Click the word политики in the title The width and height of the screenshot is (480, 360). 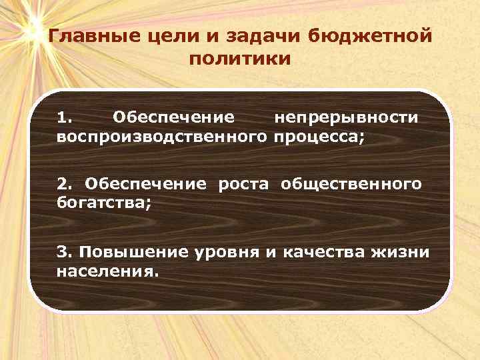(239, 59)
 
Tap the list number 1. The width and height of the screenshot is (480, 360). (64, 118)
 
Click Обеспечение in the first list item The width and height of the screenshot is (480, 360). (173, 118)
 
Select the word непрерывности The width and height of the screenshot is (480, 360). (347, 118)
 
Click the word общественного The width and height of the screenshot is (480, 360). (351, 183)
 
